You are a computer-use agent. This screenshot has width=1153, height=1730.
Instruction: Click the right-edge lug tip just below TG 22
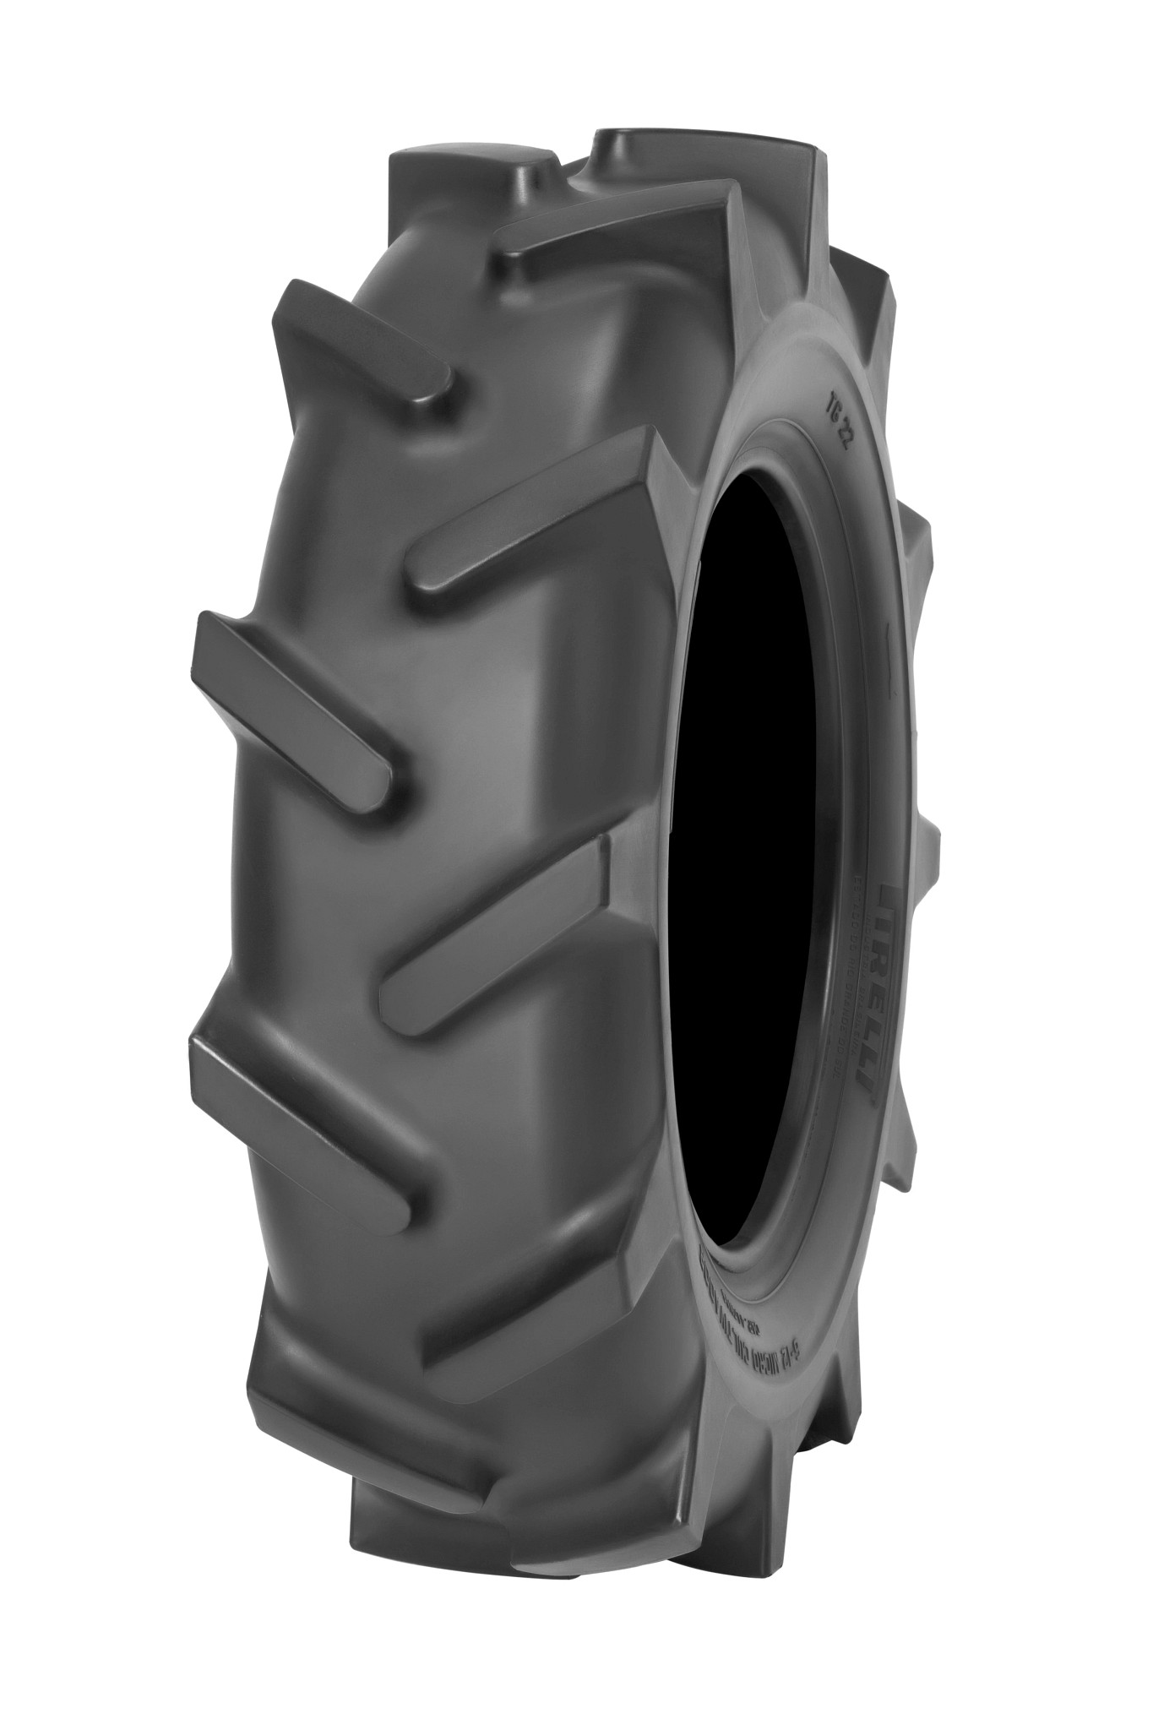point(916,541)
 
